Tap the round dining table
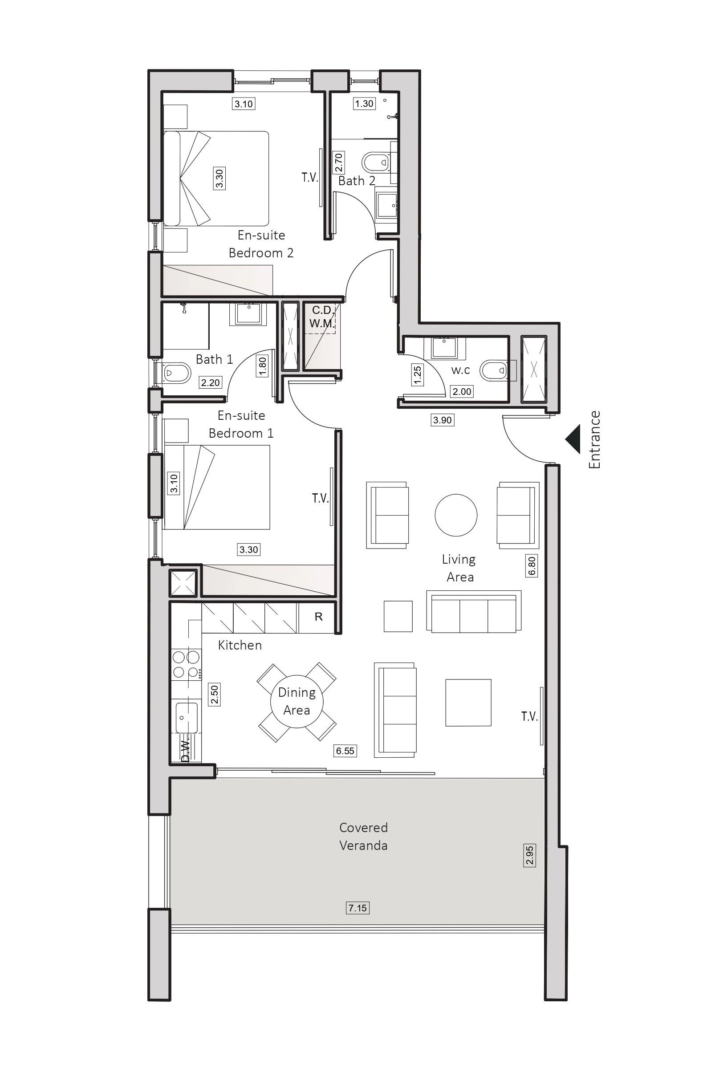tap(297, 700)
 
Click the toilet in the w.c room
tap(494, 369)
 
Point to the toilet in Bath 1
tap(177, 373)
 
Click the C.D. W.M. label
tap(322, 317)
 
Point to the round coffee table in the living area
tap(456, 515)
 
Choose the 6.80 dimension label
tap(531, 566)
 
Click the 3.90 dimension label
tap(443, 419)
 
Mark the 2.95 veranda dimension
tap(529, 855)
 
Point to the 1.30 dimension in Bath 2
tap(364, 103)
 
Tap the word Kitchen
tap(240, 645)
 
